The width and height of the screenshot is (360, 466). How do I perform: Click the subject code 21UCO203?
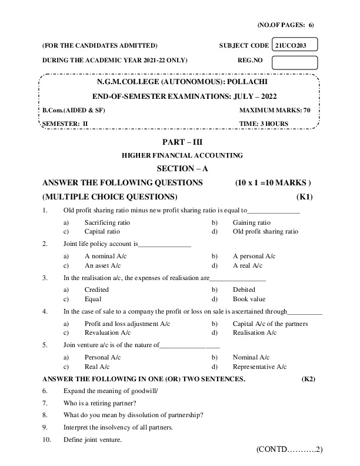click(295, 45)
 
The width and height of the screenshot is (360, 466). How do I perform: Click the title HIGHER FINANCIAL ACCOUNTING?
click(182, 155)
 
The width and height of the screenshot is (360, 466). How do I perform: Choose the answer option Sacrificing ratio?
click(107, 223)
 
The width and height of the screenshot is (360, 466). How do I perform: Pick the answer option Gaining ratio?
click(251, 223)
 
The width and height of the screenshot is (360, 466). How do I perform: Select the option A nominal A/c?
click(105, 257)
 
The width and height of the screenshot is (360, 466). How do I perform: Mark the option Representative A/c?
click(259, 366)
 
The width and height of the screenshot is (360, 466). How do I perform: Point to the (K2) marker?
click(308, 379)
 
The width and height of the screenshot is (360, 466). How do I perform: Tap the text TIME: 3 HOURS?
click(282, 123)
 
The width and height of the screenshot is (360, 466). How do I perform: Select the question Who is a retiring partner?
click(99, 403)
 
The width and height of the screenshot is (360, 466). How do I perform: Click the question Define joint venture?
click(92, 440)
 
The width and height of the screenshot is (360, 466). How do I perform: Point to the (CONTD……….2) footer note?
click(289, 450)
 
